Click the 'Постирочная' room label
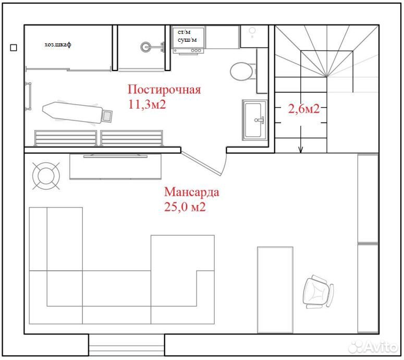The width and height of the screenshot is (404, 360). [164, 90]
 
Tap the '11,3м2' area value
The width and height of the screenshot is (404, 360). [147, 104]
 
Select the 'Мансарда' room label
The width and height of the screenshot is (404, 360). [192, 192]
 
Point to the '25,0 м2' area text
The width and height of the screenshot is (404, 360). [185, 207]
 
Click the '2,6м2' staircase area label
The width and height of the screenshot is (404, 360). [304, 109]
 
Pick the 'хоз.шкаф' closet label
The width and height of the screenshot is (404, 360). [58, 45]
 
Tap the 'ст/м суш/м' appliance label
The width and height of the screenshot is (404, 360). [187, 36]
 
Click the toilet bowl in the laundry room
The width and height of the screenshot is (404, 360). [242, 71]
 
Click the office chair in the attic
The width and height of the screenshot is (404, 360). [317, 292]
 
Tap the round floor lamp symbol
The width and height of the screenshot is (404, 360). [46, 176]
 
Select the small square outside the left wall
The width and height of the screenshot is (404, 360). [14, 47]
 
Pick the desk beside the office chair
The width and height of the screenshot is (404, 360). [275, 290]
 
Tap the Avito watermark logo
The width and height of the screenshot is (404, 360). [373, 346]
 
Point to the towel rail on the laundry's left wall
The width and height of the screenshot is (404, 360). [29, 96]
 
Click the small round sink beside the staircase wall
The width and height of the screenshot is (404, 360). [252, 31]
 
